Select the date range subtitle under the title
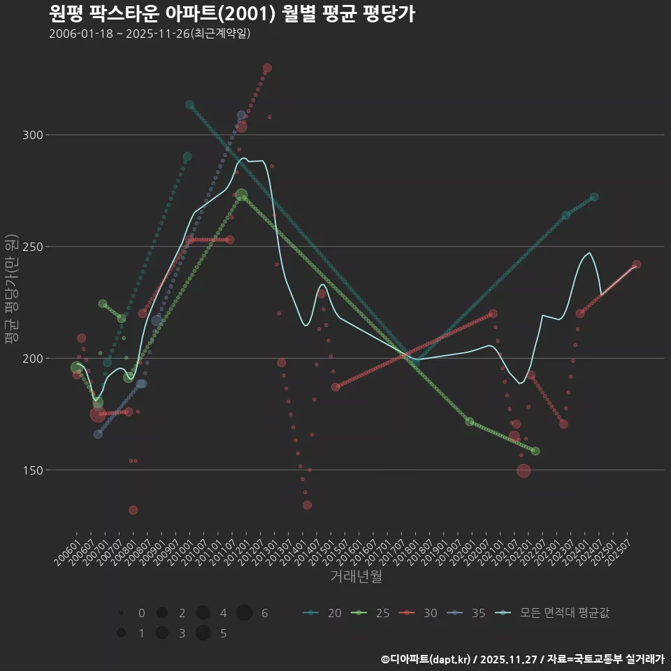[150, 34]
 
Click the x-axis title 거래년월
[356, 577]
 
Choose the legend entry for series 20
[323, 614]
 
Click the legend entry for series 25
[371, 614]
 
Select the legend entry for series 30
[419, 614]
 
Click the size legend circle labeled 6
[244, 613]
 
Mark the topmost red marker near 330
[267, 68]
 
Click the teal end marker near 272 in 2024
[594, 197]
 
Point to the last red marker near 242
[636, 265]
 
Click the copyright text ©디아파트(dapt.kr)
[426, 659]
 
